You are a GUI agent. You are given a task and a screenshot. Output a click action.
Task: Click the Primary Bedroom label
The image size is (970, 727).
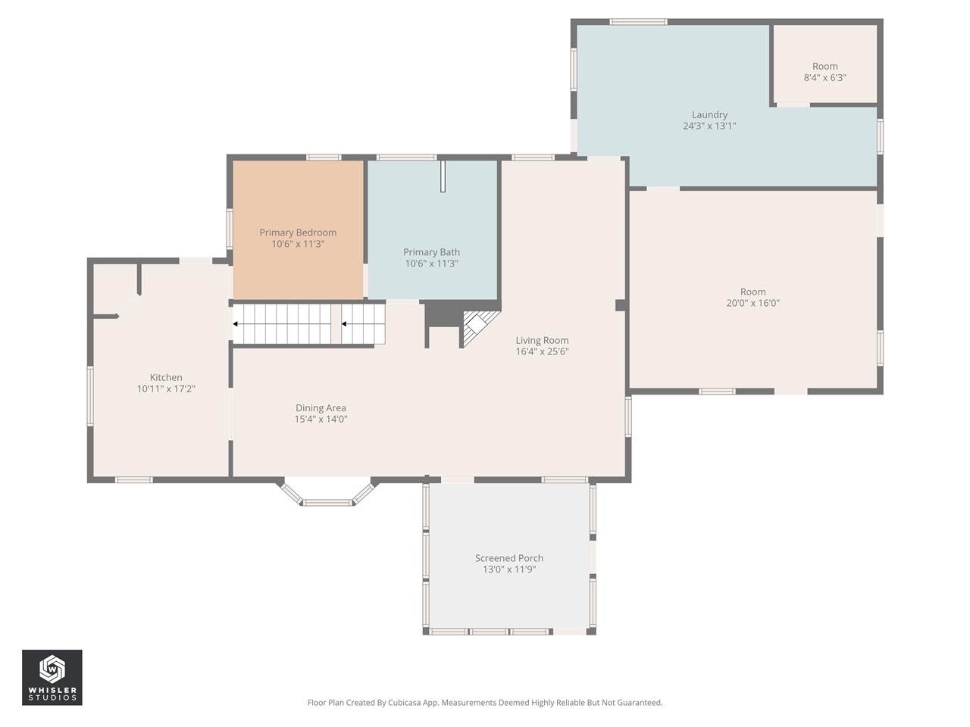(298, 232)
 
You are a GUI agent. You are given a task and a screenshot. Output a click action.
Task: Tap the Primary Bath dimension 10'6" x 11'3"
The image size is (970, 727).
(431, 264)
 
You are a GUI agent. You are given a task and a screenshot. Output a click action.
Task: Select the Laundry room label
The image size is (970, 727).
(709, 115)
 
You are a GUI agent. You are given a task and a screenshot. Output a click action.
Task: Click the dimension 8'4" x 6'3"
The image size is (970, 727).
(824, 78)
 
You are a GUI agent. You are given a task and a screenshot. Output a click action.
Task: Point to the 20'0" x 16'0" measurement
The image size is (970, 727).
(753, 304)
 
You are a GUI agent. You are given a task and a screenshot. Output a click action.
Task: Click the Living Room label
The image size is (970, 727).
(542, 341)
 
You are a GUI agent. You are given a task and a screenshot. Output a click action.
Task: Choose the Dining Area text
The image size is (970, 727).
(321, 408)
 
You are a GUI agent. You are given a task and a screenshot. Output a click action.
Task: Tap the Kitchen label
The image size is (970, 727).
(166, 377)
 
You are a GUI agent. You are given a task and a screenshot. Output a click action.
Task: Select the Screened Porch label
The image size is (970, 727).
(509, 558)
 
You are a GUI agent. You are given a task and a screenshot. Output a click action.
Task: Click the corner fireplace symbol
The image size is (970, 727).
(477, 326)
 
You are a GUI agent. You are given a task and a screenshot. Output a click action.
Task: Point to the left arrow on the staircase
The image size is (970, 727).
(236, 324)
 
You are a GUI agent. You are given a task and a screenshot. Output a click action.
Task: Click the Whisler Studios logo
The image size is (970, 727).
(52, 677)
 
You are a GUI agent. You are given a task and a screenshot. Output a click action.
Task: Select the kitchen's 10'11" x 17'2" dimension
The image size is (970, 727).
(166, 389)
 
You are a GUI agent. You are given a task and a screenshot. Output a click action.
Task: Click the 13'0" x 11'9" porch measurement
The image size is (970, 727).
(509, 569)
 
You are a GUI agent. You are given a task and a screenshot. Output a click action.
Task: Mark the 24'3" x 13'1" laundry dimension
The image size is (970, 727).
(709, 126)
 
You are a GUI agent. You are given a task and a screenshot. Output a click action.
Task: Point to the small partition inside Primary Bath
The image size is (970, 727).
(443, 176)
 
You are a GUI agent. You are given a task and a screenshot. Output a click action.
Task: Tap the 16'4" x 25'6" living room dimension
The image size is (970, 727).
(542, 352)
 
